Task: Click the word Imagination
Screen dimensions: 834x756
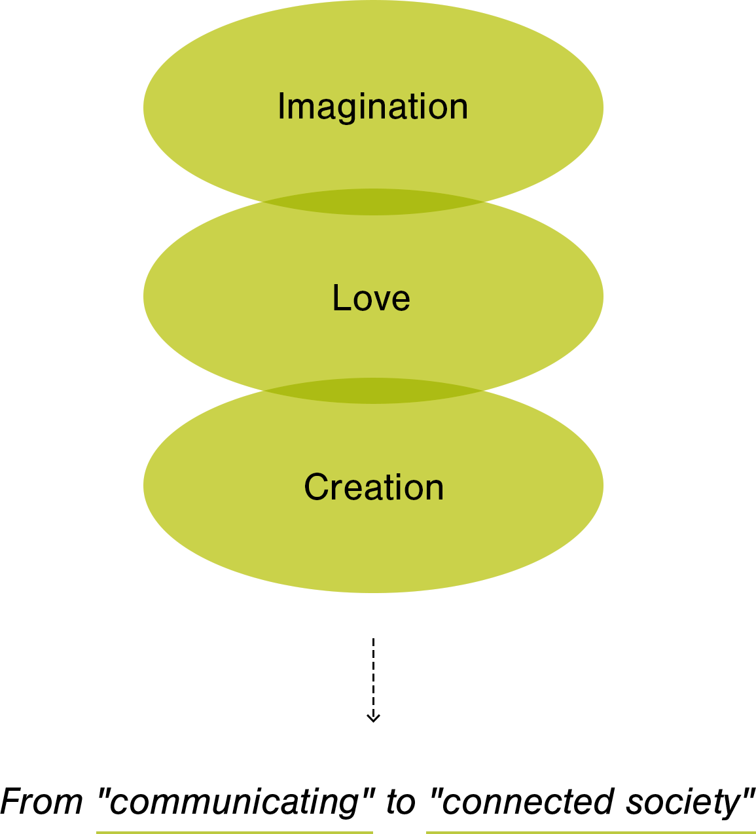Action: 372,107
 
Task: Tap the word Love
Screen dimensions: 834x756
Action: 371,299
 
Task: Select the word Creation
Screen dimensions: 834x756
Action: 374,488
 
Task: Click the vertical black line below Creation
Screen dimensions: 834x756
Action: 374,668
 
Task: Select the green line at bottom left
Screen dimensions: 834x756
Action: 234,832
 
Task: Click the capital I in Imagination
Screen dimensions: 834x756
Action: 281,106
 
